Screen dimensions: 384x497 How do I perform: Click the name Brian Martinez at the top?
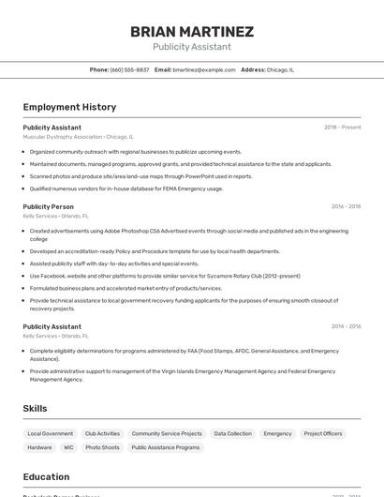pyautogui.click(x=192, y=31)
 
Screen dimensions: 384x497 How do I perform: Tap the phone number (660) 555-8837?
pyautogui.click(x=129, y=69)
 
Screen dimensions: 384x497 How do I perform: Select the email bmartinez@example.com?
pyautogui.click(x=204, y=69)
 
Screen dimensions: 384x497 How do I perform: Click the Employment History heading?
pyautogui.click(x=69, y=107)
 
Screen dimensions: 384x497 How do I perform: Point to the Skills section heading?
pyautogui.click(x=35, y=409)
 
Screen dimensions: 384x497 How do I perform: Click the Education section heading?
pyautogui.click(x=46, y=476)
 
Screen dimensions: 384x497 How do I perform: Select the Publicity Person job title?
pyautogui.click(x=48, y=206)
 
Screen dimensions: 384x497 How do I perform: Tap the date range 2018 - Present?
pyautogui.click(x=342, y=127)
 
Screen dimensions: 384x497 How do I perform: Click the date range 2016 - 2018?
pyautogui.click(x=346, y=206)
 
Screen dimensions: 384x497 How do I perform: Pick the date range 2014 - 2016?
pyautogui.click(x=346, y=326)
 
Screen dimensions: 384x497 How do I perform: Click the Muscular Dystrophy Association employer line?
pyautogui.click(x=78, y=136)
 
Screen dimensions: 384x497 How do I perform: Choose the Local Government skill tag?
pyautogui.click(x=51, y=434)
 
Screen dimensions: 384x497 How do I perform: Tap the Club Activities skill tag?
pyautogui.click(x=102, y=434)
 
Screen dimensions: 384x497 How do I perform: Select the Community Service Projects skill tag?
pyautogui.click(x=167, y=434)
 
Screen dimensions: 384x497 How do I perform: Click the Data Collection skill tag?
pyautogui.click(x=232, y=434)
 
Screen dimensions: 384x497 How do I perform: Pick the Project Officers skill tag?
pyautogui.click(x=323, y=434)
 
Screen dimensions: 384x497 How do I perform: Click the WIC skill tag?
pyautogui.click(x=68, y=448)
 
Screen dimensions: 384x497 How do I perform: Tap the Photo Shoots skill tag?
pyautogui.click(x=102, y=448)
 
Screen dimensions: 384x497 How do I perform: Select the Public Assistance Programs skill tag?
pyautogui.click(x=166, y=448)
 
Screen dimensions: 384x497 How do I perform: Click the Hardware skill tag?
pyautogui.click(x=39, y=448)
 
